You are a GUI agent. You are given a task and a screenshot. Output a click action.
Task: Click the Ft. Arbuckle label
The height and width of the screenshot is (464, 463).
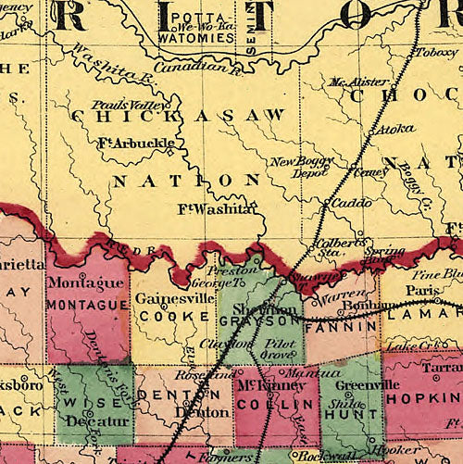click(135, 144)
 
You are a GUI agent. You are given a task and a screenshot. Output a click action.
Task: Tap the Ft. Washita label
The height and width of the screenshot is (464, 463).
click(215, 209)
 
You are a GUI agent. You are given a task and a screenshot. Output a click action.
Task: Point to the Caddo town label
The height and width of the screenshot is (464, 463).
click(350, 201)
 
